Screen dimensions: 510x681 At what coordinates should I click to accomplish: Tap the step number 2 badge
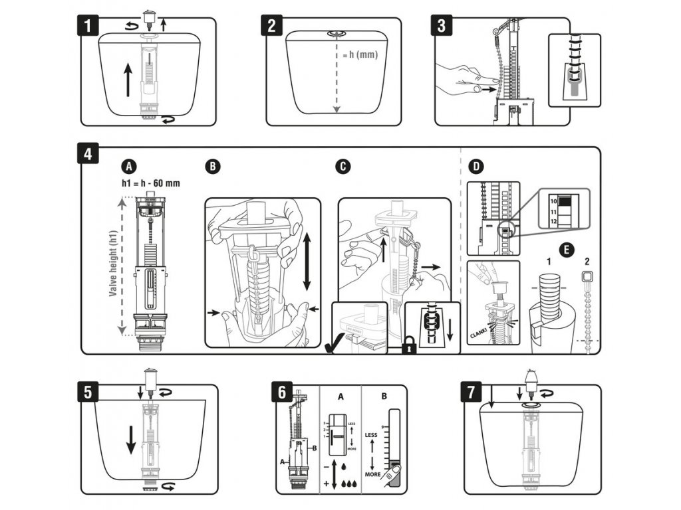pyautogui.click(x=271, y=27)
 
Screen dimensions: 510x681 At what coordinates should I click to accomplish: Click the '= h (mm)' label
pyautogui.click(x=360, y=55)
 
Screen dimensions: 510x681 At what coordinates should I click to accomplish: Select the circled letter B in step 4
pyautogui.click(x=212, y=167)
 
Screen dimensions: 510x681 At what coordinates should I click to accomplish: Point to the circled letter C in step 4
pyautogui.click(x=343, y=167)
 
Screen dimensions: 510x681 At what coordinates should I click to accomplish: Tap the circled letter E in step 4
pyautogui.click(x=564, y=250)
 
